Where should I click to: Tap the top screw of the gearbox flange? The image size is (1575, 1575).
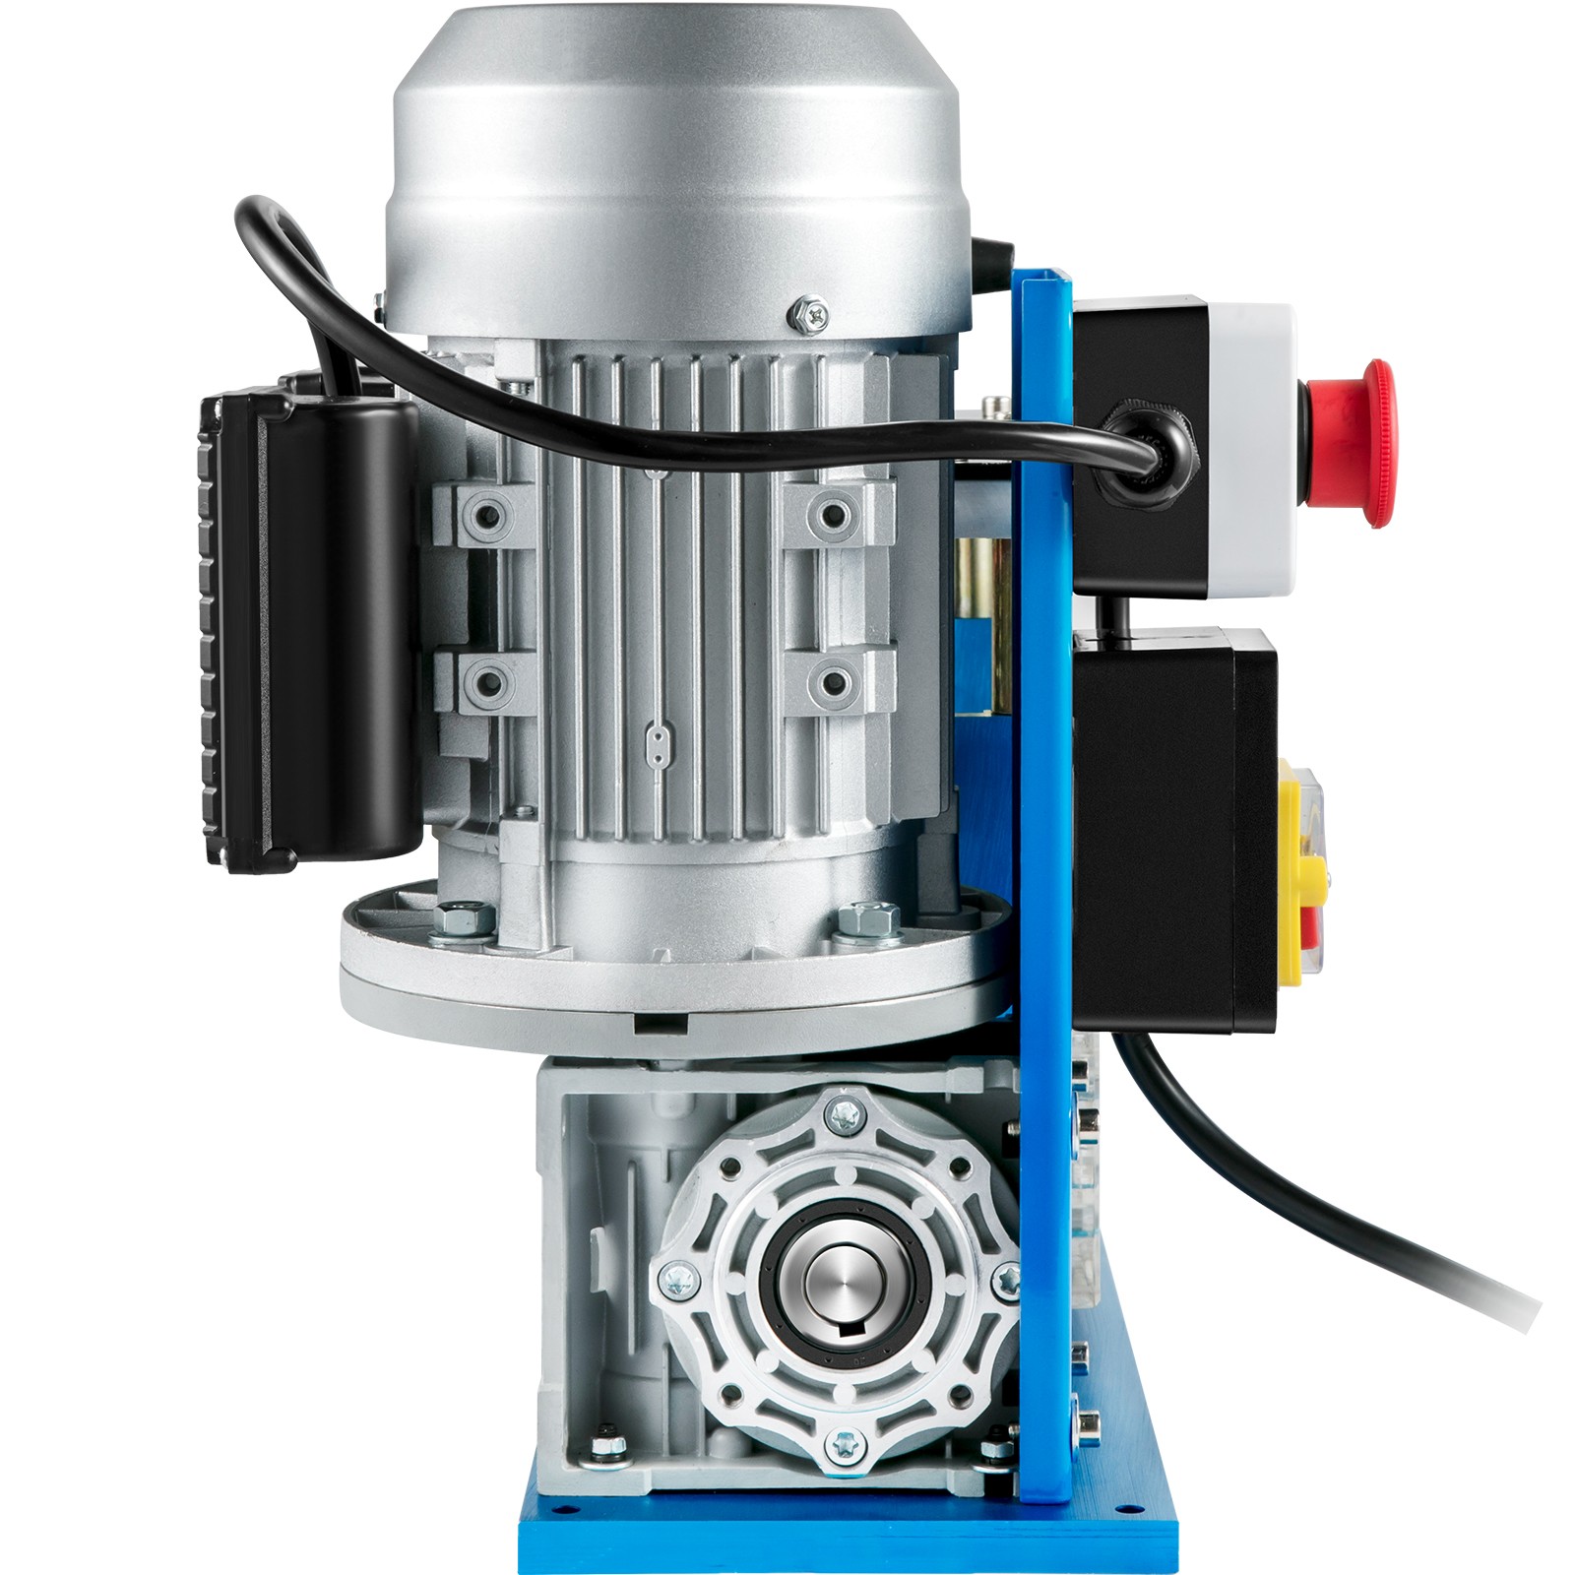click(843, 1114)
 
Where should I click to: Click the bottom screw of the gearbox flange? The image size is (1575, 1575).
click(843, 1445)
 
